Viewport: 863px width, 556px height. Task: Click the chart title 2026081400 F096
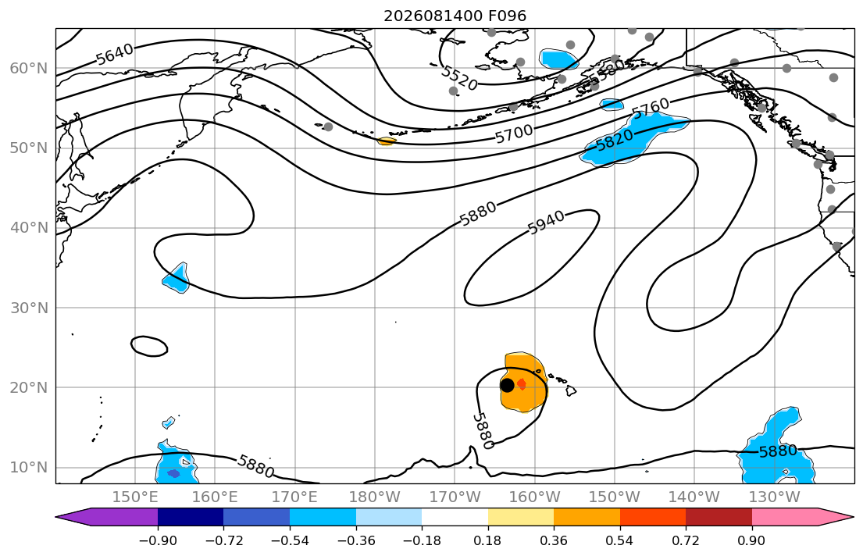455,16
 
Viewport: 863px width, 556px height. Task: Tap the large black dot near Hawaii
507,385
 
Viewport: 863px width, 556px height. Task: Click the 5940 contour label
546,223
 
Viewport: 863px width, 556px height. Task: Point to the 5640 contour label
115,54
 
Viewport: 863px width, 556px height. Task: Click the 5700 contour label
514,134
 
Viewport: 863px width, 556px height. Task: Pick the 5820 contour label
614,140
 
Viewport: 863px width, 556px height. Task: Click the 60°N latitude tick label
29,68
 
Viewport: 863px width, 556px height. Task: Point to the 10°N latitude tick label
29,468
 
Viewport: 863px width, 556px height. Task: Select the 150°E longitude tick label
135,497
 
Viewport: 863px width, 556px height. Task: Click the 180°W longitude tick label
375,497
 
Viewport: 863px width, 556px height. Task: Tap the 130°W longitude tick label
775,497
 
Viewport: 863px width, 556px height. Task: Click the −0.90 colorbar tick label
158,540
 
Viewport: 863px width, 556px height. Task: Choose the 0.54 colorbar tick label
620,540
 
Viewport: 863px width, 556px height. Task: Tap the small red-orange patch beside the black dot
521,384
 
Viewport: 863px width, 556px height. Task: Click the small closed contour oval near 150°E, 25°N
149,346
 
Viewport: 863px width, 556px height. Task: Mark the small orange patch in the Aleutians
387,141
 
